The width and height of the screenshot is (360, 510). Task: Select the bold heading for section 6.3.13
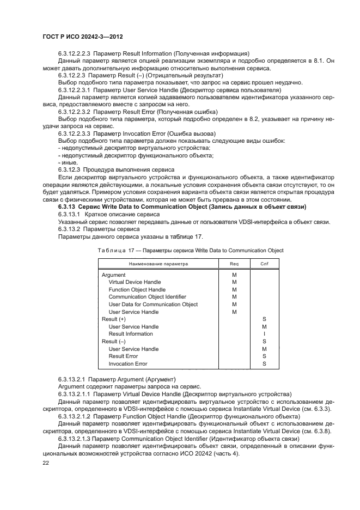point(182,207)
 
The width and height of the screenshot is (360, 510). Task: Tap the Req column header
point(234,263)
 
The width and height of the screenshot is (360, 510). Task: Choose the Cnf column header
point(264,263)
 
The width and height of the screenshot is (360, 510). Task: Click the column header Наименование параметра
point(158,263)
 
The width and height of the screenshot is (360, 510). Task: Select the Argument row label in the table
point(113,275)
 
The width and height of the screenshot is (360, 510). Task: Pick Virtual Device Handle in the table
point(135,282)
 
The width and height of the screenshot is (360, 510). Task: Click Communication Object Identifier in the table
point(147,297)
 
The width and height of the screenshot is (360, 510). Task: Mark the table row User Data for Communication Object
point(153,305)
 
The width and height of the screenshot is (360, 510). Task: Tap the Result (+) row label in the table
point(114,319)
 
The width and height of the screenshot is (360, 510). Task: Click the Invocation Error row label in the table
point(128,363)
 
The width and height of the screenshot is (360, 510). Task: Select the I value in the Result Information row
point(264,334)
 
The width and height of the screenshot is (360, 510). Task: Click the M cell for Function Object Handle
point(234,290)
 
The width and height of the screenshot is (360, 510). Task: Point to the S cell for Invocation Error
point(264,363)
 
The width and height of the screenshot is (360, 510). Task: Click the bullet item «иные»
point(69,162)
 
